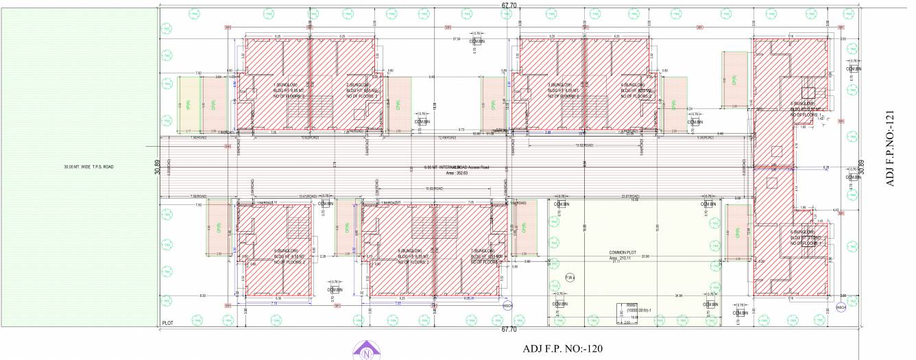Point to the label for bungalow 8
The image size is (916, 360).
point(412,251)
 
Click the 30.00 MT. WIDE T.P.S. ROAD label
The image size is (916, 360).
point(88,167)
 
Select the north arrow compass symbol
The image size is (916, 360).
point(366,352)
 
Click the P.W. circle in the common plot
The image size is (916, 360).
point(570,277)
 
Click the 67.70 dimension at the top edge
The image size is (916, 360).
point(508,5)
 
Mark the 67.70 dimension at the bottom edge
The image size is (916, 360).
point(508,329)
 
